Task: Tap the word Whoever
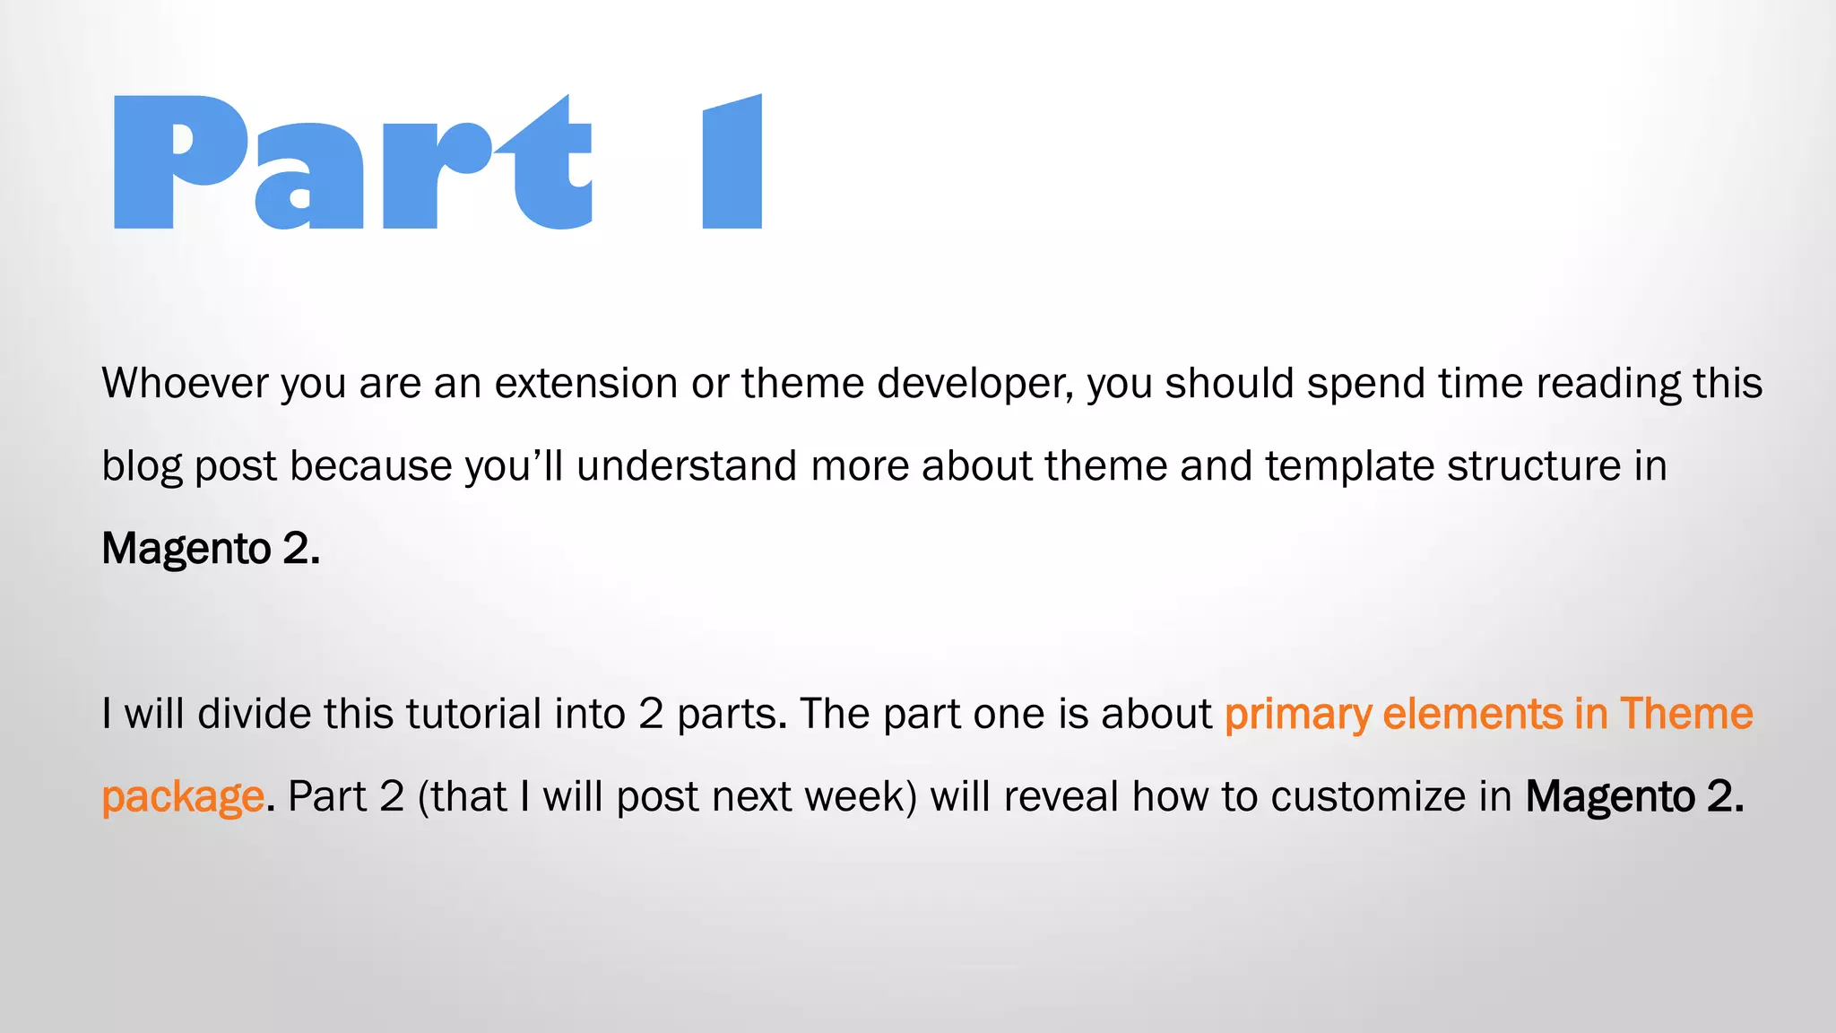pos(185,383)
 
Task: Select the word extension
pos(586,383)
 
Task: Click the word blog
pos(142,467)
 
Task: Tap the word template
pos(1350,467)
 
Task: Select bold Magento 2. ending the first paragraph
pos(211,549)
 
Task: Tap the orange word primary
pos(1297,716)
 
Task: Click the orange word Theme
pos(1685,714)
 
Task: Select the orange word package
pos(182,798)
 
